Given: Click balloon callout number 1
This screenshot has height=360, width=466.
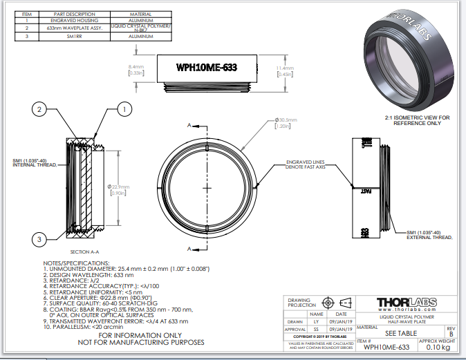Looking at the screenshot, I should [x=124, y=109].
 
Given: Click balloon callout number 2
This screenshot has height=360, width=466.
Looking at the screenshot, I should [x=41, y=109].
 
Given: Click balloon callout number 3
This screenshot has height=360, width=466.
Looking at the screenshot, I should [x=41, y=239].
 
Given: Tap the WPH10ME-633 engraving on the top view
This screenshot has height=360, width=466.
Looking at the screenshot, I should [x=207, y=67].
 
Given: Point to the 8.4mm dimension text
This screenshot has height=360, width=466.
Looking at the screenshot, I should [x=136, y=69].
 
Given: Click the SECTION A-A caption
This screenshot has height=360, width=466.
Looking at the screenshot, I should [x=86, y=252].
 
